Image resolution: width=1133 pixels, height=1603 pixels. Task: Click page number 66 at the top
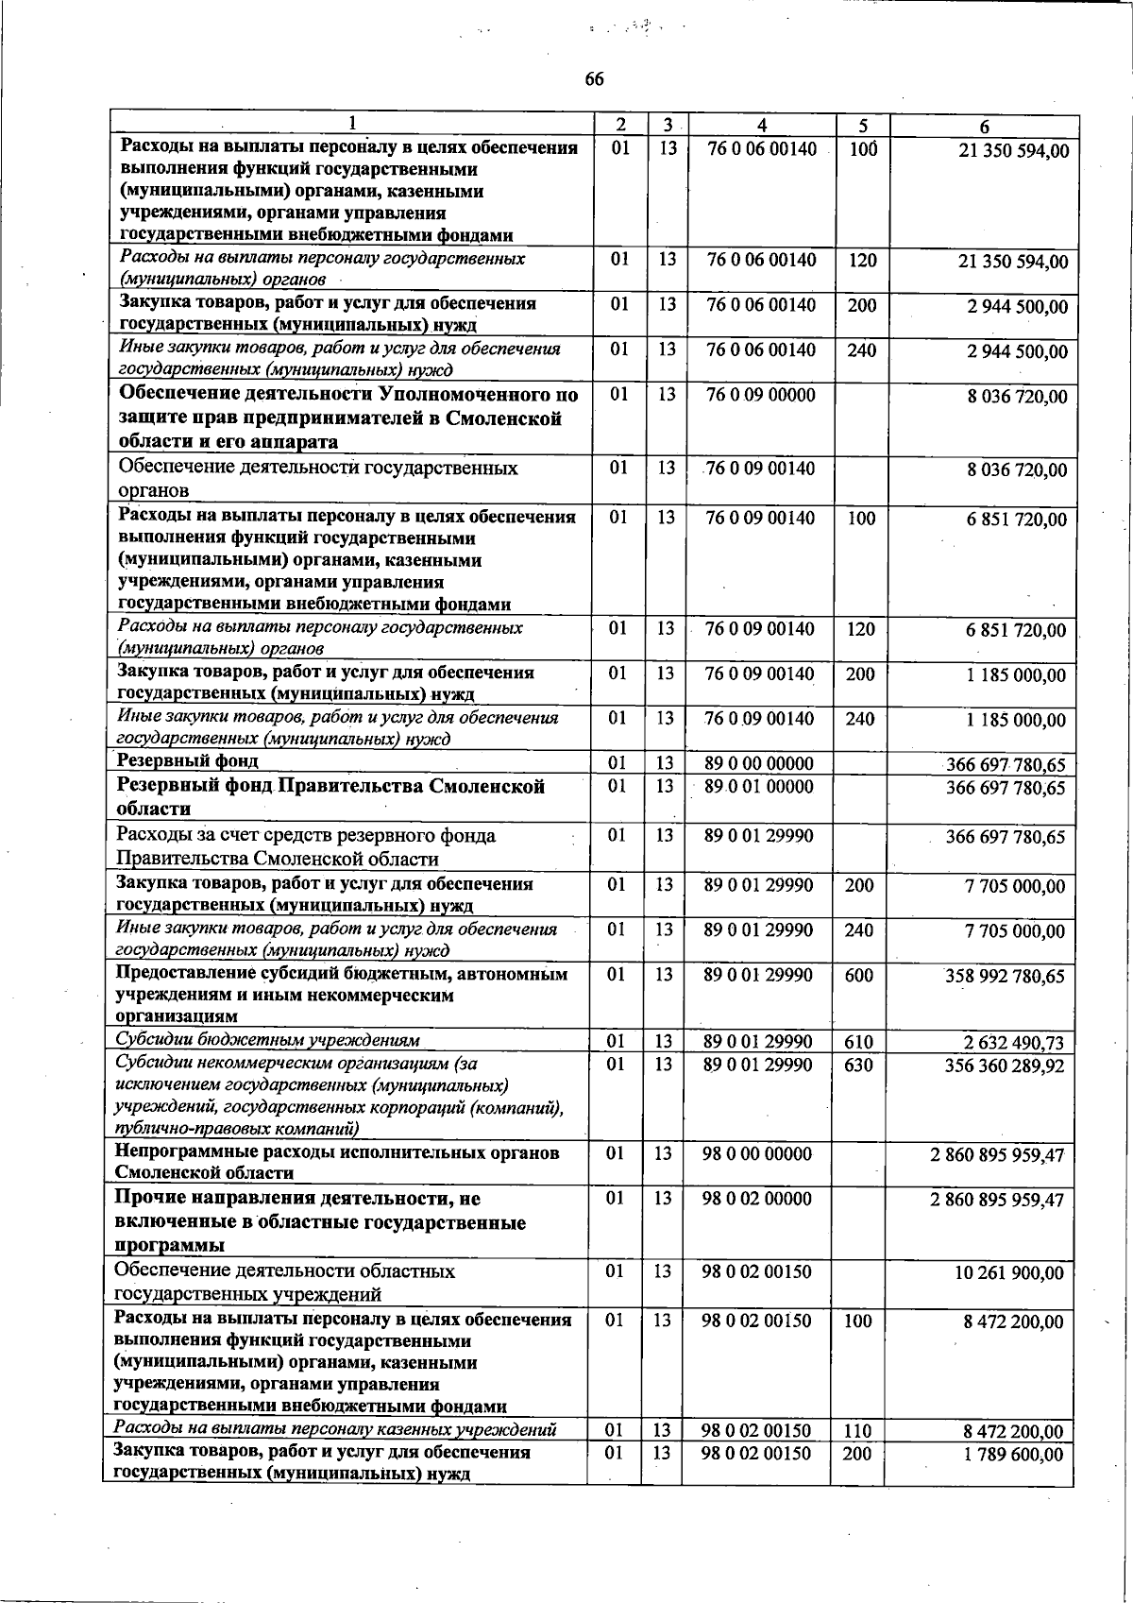click(x=593, y=79)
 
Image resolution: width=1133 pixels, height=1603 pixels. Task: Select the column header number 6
click(x=984, y=126)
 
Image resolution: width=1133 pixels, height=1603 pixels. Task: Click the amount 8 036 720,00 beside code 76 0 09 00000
click(x=1017, y=397)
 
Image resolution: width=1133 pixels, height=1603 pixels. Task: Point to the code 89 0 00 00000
click(x=758, y=763)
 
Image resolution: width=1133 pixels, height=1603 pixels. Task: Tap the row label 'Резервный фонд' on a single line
click(x=187, y=760)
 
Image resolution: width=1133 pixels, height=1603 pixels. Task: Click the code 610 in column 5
click(x=858, y=1042)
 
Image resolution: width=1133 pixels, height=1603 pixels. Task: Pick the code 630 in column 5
click(x=858, y=1066)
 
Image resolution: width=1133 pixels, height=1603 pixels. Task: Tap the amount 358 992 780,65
click(x=1005, y=977)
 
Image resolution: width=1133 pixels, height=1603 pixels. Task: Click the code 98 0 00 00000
click(x=757, y=1153)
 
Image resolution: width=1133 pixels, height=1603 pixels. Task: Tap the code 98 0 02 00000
click(x=757, y=1199)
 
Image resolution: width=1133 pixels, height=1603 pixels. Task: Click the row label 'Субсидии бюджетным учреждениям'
click(x=266, y=1040)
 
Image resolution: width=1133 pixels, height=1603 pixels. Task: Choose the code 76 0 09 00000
click(x=760, y=395)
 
